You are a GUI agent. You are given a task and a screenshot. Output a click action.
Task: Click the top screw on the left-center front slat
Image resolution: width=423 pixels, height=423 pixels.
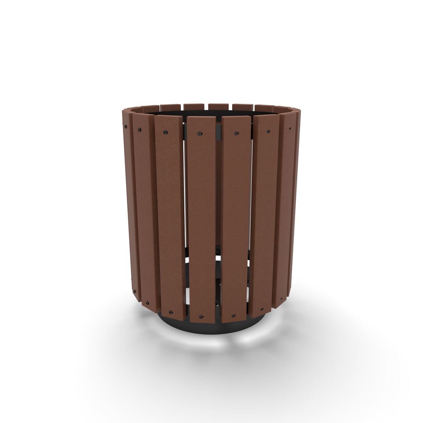coord(200,134)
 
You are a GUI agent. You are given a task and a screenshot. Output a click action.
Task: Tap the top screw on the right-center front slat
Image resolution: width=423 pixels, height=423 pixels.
coord(236,133)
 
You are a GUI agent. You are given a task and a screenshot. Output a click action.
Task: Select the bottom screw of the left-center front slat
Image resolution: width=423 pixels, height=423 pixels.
coord(201,316)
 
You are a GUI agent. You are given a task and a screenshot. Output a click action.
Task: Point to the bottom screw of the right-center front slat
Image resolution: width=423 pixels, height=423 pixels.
coord(233,315)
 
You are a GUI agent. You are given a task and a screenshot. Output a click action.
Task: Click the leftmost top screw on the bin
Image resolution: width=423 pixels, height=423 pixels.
coord(125,127)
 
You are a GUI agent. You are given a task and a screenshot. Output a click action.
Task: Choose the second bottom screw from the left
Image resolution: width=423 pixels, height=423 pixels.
coord(147,303)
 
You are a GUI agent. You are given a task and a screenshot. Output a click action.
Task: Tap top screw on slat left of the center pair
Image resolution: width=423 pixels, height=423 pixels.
coord(165,132)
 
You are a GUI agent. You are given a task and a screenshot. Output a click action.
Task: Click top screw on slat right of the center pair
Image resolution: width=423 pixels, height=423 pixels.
coord(268,132)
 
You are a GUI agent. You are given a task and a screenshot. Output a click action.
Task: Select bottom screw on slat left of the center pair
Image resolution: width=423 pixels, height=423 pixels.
coord(171,312)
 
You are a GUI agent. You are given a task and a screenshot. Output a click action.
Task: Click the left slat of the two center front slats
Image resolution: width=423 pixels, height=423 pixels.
coord(201,219)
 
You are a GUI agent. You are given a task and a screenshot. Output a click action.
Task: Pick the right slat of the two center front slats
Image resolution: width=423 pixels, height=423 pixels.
coord(236,219)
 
